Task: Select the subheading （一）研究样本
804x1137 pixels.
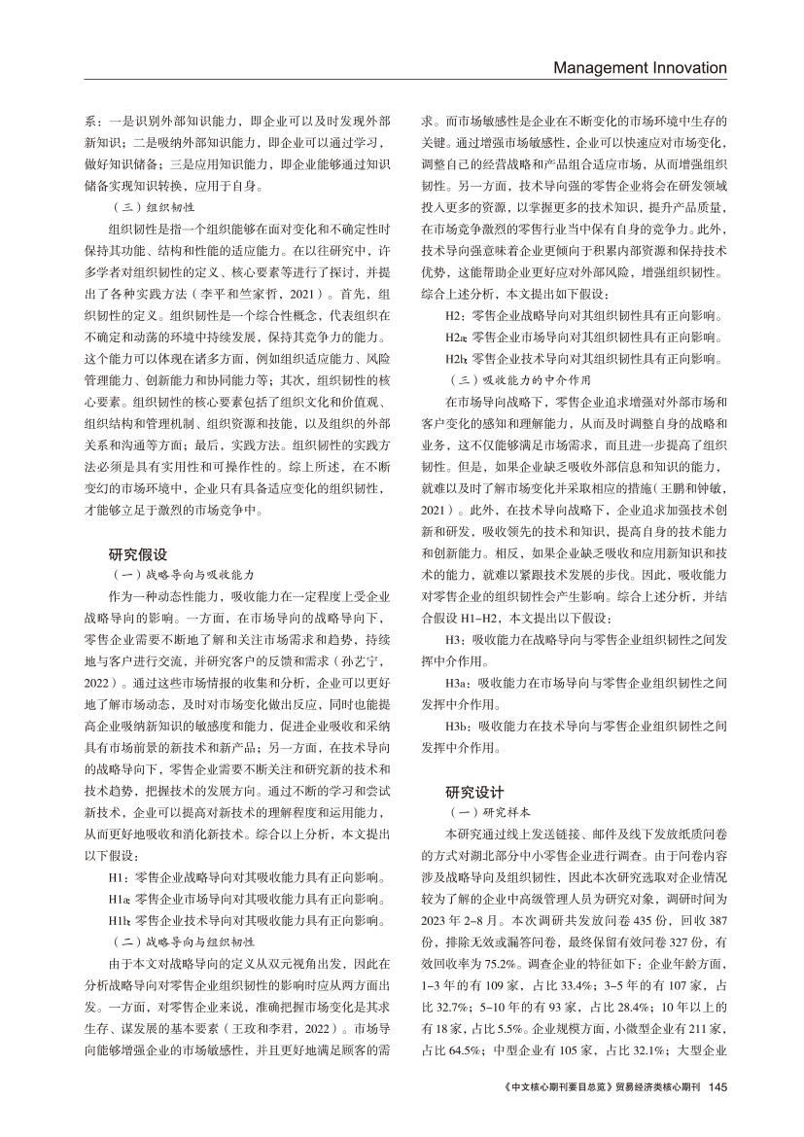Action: tap(481, 810)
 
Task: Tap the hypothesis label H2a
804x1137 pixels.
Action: tap(455, 338)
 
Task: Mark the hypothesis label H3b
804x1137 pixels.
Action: tap(457, 726)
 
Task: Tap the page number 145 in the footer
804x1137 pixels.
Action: tap(718, 1114)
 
